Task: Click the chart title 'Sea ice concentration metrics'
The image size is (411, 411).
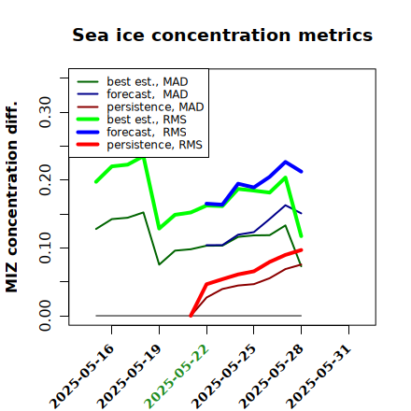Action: [x=222, y=35]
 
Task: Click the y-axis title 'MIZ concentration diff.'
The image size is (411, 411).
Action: [x=11, y=197]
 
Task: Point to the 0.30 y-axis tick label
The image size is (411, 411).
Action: [x=46, y=112]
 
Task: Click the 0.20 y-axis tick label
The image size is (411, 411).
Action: [x=46, y=180]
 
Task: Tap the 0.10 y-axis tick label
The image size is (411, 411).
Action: [x=46, y=248]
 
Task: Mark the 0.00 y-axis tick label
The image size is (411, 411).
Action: [x=46, y=316]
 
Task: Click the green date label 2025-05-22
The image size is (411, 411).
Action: [x=177, y=376]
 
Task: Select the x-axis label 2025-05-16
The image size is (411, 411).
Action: [x=81, y=376]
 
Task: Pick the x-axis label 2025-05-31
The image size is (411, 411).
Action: [x=319, y=376]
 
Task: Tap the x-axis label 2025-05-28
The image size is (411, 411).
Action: [x=271, y=376]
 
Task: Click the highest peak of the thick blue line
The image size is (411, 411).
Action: [x=285, y=162]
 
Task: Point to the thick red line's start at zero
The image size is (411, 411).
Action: [x=191, y=316]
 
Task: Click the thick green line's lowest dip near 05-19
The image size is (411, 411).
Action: [x=159, y=228]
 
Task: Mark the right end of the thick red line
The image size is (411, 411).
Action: [x=301, y=250]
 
